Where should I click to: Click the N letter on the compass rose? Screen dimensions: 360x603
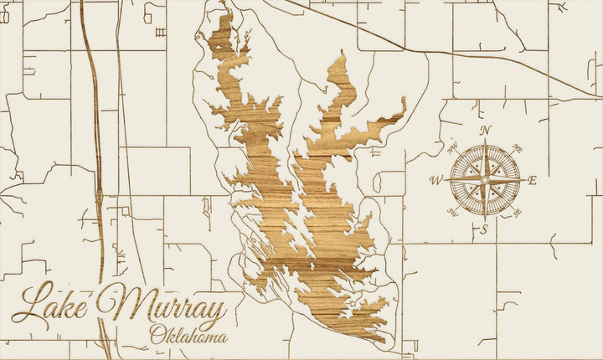click(x=485, y=130)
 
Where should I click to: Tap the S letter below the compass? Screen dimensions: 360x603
click(x=484, y=229)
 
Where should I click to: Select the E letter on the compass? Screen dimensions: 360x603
click(x=533, y=180)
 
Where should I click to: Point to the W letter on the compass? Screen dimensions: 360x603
click(x=435, y=180)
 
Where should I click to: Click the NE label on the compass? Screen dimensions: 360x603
click(x=517, y=148)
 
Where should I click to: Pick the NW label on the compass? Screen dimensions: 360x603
click(x=452, y=149)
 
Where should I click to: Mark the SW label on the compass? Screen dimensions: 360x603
click(x=453, y=212)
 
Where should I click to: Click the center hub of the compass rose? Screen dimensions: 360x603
click(x=484, y=180)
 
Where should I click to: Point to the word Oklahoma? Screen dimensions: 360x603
click(x=188, y=337)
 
